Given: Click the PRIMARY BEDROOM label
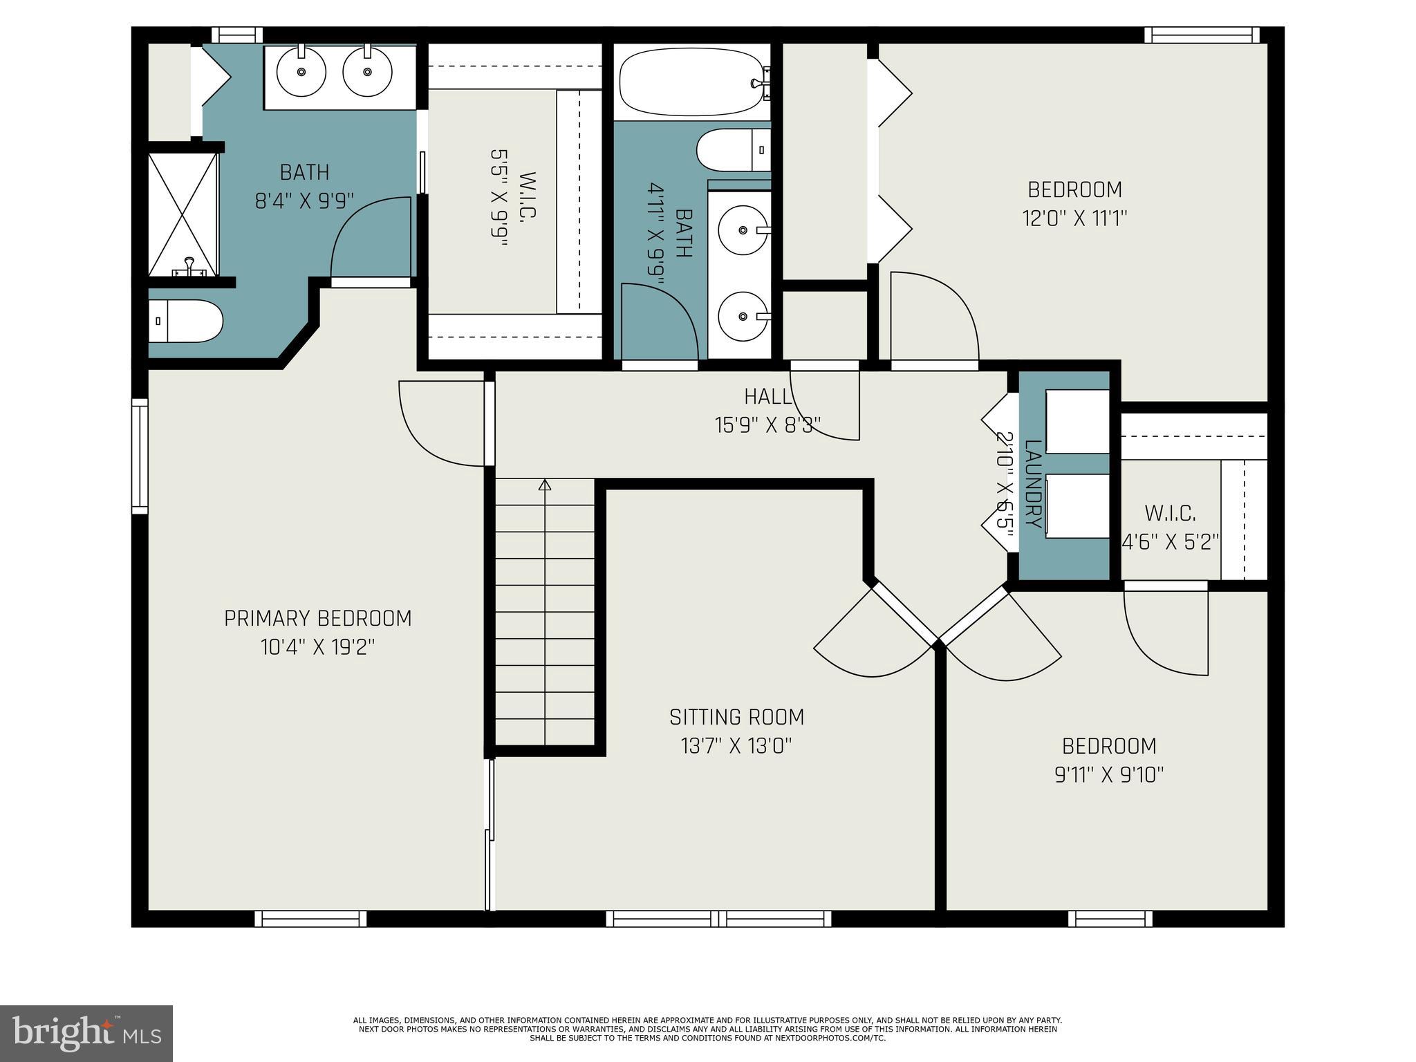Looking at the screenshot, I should tap(317, 618).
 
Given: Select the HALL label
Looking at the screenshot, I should tap(767, 397).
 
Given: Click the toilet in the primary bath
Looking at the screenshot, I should tap(185, 321).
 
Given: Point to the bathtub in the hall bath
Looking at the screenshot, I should tap(691, 82).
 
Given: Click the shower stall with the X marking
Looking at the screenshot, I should tap(183, 215).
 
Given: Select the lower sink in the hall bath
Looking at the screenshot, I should tap(743, 316).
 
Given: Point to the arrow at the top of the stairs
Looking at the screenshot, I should tap(545, 485).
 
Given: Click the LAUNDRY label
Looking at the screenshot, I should tap(1032, 484).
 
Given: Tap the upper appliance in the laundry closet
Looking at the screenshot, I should tap(1077, 422).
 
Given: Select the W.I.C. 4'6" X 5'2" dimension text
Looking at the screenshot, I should tap(1170, 542).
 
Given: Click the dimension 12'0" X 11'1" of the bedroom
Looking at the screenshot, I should tap(1074, 219).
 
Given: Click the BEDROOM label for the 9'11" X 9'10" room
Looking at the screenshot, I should tap(1109, 746).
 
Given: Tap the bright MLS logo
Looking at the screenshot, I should tap(86, 1033).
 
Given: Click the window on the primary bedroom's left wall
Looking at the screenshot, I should tap(140, 456).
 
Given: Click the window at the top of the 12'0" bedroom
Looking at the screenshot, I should tap(1202, 35).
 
